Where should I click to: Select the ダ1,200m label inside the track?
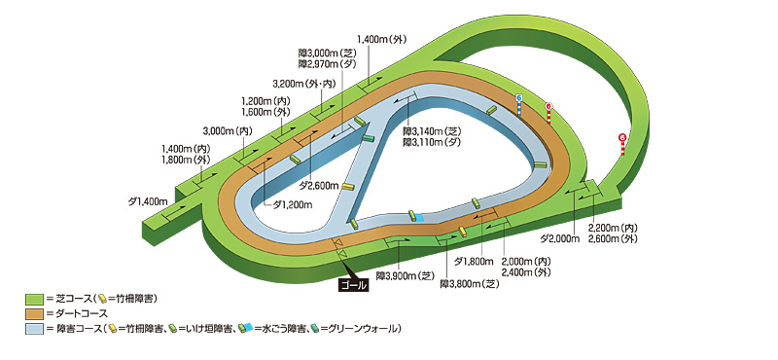292,204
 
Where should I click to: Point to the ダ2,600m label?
318,185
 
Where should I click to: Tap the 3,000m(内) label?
228,130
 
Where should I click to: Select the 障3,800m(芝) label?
469,284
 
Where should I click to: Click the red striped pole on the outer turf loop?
621,144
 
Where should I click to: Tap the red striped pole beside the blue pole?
548,113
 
